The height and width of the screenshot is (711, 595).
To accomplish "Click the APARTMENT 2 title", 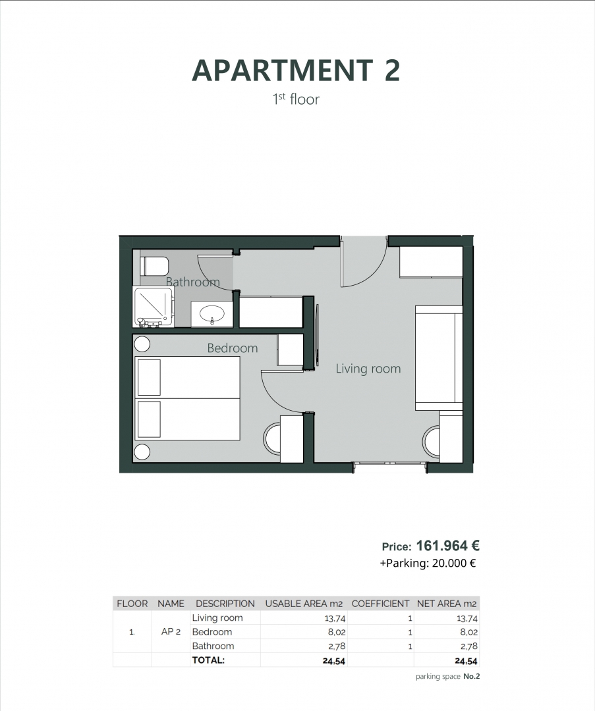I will (296, 70).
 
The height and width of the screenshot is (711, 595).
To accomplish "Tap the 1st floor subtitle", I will (296, 99).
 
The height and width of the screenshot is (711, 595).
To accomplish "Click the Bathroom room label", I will (192, 282).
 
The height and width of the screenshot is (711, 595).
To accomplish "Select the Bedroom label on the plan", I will (233, 348).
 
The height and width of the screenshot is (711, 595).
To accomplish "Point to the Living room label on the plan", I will (368, 369).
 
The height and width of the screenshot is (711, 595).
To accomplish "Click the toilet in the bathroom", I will (155, 266).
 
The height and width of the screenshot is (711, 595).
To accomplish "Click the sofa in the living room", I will (438, 357).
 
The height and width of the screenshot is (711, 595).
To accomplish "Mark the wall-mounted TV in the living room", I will (318, 335).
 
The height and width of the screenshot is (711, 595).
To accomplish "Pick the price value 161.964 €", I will (447, 546).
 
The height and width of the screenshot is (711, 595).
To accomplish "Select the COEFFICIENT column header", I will (381, 603).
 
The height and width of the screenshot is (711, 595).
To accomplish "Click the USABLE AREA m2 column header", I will (304, 603).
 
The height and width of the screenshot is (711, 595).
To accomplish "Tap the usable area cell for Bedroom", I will (335, 632).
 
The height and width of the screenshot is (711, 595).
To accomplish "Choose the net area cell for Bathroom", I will (467, 646).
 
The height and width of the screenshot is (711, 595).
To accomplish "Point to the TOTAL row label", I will (208, 660).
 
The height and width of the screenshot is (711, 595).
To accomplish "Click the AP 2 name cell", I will (171, 632).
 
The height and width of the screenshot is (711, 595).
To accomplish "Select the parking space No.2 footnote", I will (447, 676).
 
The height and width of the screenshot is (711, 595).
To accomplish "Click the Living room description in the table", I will (217, 618).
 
